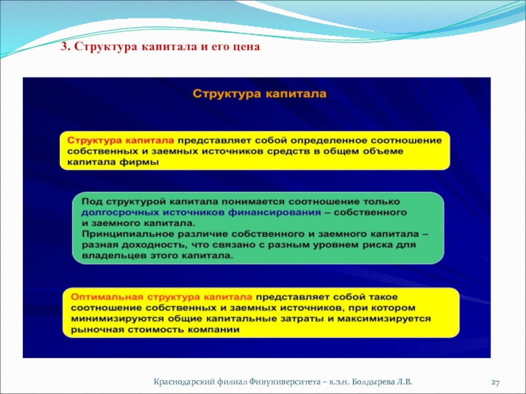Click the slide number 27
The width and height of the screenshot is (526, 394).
[x=496, y=382]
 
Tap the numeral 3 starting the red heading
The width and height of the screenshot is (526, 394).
[x=64, y=46]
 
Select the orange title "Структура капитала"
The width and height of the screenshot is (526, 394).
[x=259, y=93]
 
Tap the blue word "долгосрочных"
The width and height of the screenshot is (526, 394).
[x=120, y=213]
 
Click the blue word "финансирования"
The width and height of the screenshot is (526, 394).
[x=274, y=213]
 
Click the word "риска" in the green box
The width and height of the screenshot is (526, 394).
[x=377, y=244]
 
